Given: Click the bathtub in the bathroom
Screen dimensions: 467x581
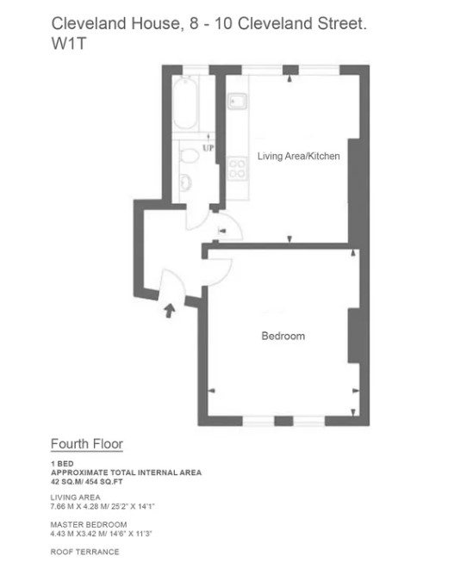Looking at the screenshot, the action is click(184, 102).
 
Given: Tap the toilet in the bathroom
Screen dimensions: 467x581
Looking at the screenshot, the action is click(189, 155).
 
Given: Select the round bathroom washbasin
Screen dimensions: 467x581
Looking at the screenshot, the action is click(185, 182).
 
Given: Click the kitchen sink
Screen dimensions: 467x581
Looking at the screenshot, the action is click(238, 102).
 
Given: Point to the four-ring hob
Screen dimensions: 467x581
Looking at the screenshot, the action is click(237, 169).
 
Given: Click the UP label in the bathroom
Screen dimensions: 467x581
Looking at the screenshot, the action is click(209, 148).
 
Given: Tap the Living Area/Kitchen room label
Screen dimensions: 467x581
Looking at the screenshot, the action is click(299, 157).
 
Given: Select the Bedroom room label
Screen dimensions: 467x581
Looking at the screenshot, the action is click(283, 336).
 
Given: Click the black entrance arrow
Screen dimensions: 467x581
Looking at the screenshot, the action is click(170, 311).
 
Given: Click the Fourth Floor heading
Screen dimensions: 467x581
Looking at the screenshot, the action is click(87, 444).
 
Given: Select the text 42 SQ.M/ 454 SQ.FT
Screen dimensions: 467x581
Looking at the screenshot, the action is click(87, 482).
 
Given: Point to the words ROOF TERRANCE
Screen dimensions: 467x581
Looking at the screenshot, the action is click(85, 552).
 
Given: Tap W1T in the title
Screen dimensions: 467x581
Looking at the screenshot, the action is click(69, 43).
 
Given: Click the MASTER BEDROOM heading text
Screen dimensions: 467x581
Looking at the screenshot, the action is click(89, 525).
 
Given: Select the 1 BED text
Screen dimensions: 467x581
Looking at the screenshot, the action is click(62, 464).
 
